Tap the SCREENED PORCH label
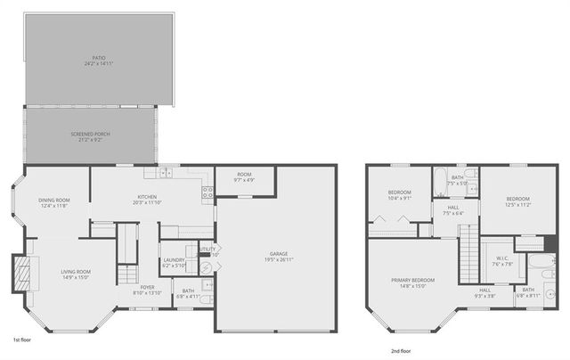click(x=90, y=134)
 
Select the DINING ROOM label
click(x=55, y=200)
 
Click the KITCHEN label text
click(x=147, y=196)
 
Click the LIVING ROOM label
click(x=76, y=272)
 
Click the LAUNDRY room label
click(x=174, y=260)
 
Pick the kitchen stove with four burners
click(x=207, y=191)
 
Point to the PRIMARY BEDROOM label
click(x=411, y=281)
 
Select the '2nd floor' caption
click(x=401, y=351)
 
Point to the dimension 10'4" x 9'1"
click(x=399, y=199)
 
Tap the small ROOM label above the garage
click(x=244, y=175)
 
